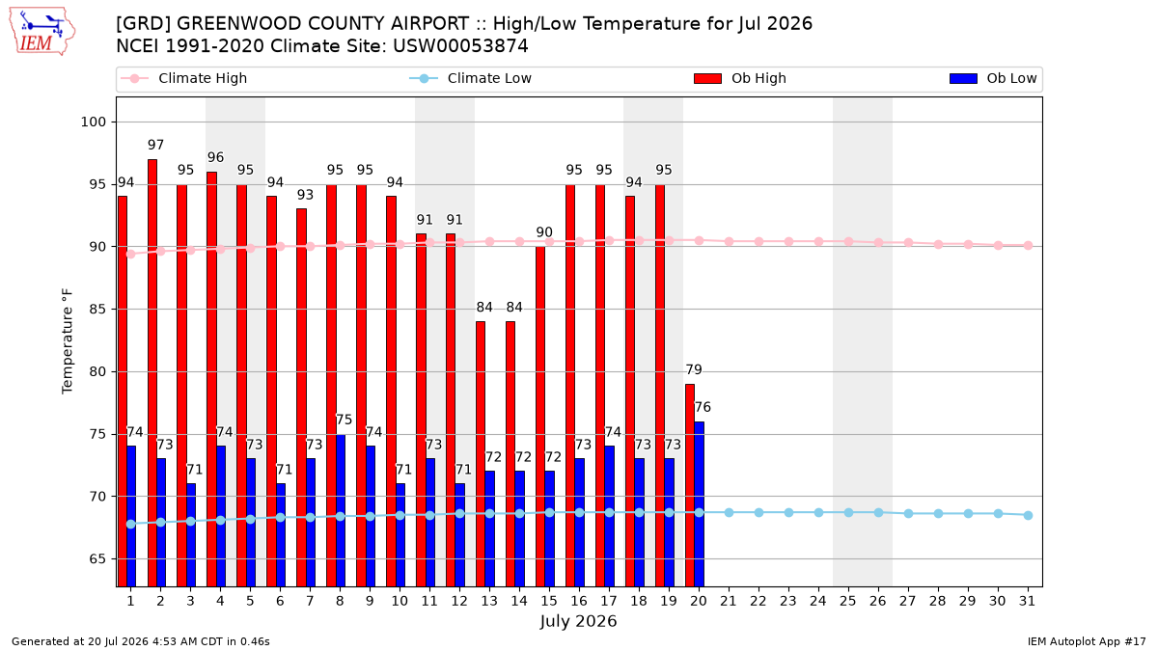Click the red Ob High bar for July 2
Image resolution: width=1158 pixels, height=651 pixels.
[x=152, y=373]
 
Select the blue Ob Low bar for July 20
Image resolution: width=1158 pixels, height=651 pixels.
[x=699, y=504]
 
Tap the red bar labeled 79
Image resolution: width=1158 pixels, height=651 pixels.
[x=690, y=486]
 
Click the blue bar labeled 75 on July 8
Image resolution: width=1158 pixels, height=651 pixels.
[x=341, y=510]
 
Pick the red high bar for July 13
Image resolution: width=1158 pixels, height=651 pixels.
[x=481, y=454]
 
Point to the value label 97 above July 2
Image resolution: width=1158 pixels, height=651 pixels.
[x=155, y=146]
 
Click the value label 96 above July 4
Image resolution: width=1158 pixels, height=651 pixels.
[x=215, y=157]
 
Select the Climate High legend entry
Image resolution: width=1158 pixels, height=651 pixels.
[x=184, y=78]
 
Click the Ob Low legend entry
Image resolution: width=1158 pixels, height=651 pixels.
[x=993, y=78]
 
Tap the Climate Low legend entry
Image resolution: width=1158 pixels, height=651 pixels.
[x=471, y=78]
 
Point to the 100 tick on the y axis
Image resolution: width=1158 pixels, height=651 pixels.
[x=93, y=122]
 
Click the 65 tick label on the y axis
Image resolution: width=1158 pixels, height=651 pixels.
[x=97, y=559]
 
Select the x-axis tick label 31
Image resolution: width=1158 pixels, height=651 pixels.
[x=1027, y=601]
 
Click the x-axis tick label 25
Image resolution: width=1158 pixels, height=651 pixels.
[x=848, y=601]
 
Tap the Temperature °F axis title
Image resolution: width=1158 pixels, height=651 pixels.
[x=68, y=341]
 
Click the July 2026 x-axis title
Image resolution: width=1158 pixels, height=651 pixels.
[x=578, y=621]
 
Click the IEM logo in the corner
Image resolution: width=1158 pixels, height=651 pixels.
[x=42, y=32]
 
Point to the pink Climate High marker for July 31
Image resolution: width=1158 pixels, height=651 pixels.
[x=1028, y=245]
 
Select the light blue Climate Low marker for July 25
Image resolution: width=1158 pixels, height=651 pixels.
[x=848, y=512]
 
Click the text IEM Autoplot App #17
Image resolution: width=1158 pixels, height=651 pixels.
[x=1087, y=641]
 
